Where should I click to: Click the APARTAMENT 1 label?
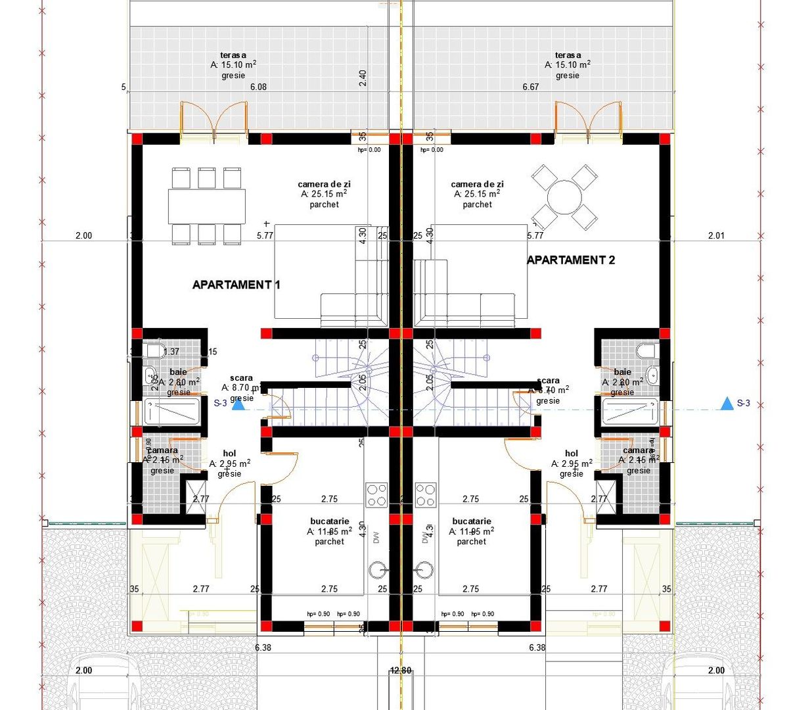[x=236, y=285]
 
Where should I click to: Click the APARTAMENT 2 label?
[x=571, y=260]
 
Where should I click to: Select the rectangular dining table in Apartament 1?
[x=206, y=206]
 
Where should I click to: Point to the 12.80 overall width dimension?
[x=401, y=671]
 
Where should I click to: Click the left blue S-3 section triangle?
[x=238, y=404]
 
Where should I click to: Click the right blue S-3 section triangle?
[x=727, y=404]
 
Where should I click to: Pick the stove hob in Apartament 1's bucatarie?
[x=376, y=494]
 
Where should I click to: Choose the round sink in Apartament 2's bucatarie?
[x=424, y=569]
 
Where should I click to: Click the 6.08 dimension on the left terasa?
[x=257, y=87]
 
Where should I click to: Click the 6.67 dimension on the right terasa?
[x=530, y=87]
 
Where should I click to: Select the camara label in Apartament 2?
[x=639, y=450]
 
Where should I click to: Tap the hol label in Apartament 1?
[x=229, y=454]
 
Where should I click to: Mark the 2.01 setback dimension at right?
[x=716, y=235]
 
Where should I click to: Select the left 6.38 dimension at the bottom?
[x=263, y=648]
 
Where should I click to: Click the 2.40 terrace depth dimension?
[x=363, y=78]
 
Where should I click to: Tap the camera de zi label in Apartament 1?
[x=324, y=184]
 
